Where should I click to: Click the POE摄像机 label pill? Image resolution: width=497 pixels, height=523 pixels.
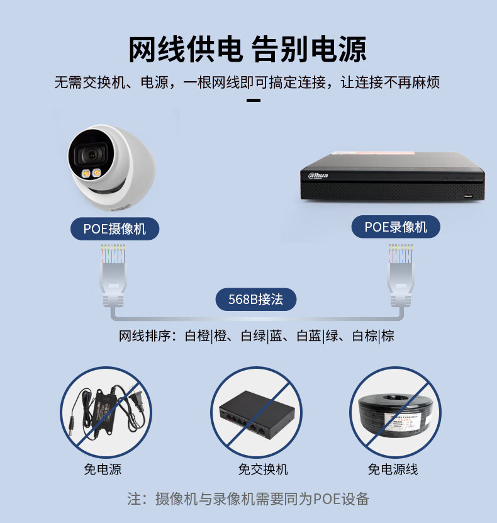click(x=114, y=229)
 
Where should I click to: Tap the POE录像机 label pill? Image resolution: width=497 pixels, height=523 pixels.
click(x=396, y=227)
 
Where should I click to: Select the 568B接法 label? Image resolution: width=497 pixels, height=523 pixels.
click(x=255, y=299)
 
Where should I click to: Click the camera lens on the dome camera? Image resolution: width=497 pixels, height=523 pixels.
click(x=92, y=154)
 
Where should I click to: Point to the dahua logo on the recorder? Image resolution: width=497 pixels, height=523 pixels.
click(x=318, y=176)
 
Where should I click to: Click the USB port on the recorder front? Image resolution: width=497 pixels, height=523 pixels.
click(x=468, y=196)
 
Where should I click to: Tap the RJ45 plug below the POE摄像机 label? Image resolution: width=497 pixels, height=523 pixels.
click(x=113, y=276)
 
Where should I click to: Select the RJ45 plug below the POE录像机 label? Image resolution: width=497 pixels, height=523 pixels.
click(x=400, y=276)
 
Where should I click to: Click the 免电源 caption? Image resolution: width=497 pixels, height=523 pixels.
click(x=103, y=470)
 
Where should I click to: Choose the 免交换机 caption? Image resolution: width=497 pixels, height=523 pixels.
click(x=263, y=470)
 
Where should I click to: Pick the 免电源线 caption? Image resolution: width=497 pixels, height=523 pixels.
click(x=393, y=470)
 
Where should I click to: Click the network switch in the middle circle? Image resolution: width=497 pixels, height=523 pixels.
click(x=257, y=415)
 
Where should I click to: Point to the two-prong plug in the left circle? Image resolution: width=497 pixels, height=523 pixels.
click(x=137, y=396)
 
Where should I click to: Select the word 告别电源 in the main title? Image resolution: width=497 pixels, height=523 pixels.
click(x=308, y=50)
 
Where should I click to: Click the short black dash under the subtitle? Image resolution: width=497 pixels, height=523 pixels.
click(x=254, y=101)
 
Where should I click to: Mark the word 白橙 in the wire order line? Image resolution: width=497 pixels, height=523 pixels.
click(x=198, y=336)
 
